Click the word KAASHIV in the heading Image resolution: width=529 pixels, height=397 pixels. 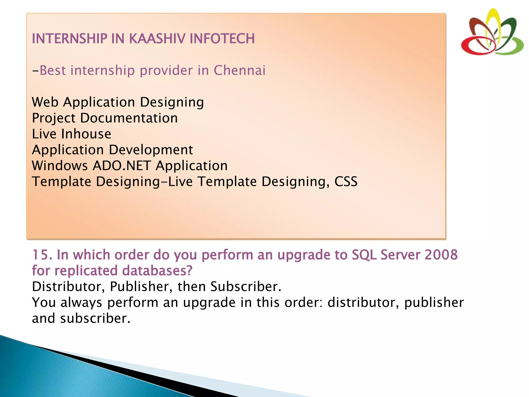click(x=157, y=39)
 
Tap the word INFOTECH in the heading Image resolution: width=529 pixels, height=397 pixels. click(x=222, y=39)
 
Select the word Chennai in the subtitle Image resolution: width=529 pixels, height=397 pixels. click(x=239, y=70)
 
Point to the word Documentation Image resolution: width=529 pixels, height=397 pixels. click(x=129, y=118)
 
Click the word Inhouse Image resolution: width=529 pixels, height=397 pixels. click(x=86, y=134)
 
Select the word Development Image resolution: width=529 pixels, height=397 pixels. click(x=151, y=150)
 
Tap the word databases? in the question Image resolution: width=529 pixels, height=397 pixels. click(x=157, y=271)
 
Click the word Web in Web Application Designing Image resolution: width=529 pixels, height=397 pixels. click(x=45, y=102)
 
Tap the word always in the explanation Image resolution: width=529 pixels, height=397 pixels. click(x=81, y=302)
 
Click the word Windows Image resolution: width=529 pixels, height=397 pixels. click(x=60, y=166)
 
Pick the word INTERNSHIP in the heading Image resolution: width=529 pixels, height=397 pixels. click(x=69, y=39)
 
